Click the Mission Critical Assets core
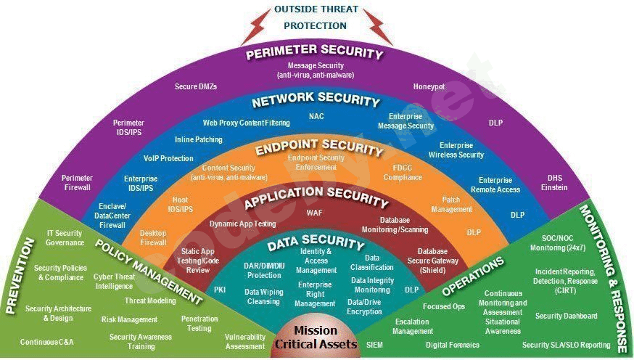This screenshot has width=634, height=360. coord(316,337)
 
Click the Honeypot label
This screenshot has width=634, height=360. coord(429,86)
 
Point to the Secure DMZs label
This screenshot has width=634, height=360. coord(196,86)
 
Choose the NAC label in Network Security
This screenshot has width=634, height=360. coord(316,116)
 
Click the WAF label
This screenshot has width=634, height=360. coord(315,213)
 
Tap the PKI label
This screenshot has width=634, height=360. coord(220,290)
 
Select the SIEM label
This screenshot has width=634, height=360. coord(374,345)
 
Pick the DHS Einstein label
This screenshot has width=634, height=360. coord(554,183)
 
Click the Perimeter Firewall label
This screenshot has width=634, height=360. coord(77,183)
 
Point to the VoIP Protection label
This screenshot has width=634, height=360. coord(168,158)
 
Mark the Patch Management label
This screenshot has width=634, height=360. coord(451,204)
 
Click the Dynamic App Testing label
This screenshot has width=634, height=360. coord(242,224)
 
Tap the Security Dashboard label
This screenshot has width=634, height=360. coord(566,316)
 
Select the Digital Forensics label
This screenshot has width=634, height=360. coord(453,345)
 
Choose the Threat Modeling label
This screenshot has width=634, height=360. coord(150,300)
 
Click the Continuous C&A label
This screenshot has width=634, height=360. coord(47,342)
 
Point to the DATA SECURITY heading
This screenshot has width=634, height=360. coord(316,242)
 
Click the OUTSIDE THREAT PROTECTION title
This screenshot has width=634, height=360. coord(316,17)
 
